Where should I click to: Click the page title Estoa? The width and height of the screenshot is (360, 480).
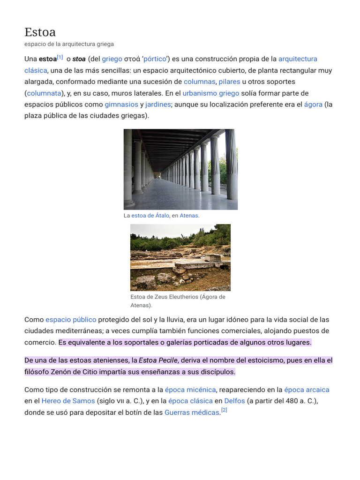pos(40,32)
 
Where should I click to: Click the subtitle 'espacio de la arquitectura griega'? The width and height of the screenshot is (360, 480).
pos(69,44)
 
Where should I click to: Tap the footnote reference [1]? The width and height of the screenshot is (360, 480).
pos(60,58)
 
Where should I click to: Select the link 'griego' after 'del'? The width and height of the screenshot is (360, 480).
pos(112,59)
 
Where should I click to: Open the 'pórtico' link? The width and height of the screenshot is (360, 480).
pos(155,59)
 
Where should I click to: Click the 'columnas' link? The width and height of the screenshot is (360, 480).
pos(199,82)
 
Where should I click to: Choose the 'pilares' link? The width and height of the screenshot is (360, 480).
pos(229,82)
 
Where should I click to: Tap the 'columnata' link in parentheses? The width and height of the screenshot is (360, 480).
pos(44,93)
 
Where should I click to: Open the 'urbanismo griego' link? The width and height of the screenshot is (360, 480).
pos(210,93)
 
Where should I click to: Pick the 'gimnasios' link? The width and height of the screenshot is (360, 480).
pos(121,104)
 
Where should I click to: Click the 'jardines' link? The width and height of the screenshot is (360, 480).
pos(158,104)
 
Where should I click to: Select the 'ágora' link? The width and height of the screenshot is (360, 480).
pos(313,104)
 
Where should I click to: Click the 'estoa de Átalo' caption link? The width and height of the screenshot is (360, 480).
pos(150,216)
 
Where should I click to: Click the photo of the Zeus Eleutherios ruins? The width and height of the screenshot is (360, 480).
pos(180,257)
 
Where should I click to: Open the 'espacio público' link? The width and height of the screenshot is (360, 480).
pos(71,320)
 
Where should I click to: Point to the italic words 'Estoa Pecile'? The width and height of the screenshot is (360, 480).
pos(158,360)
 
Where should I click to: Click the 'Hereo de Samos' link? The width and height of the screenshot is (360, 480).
pos(68,401)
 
